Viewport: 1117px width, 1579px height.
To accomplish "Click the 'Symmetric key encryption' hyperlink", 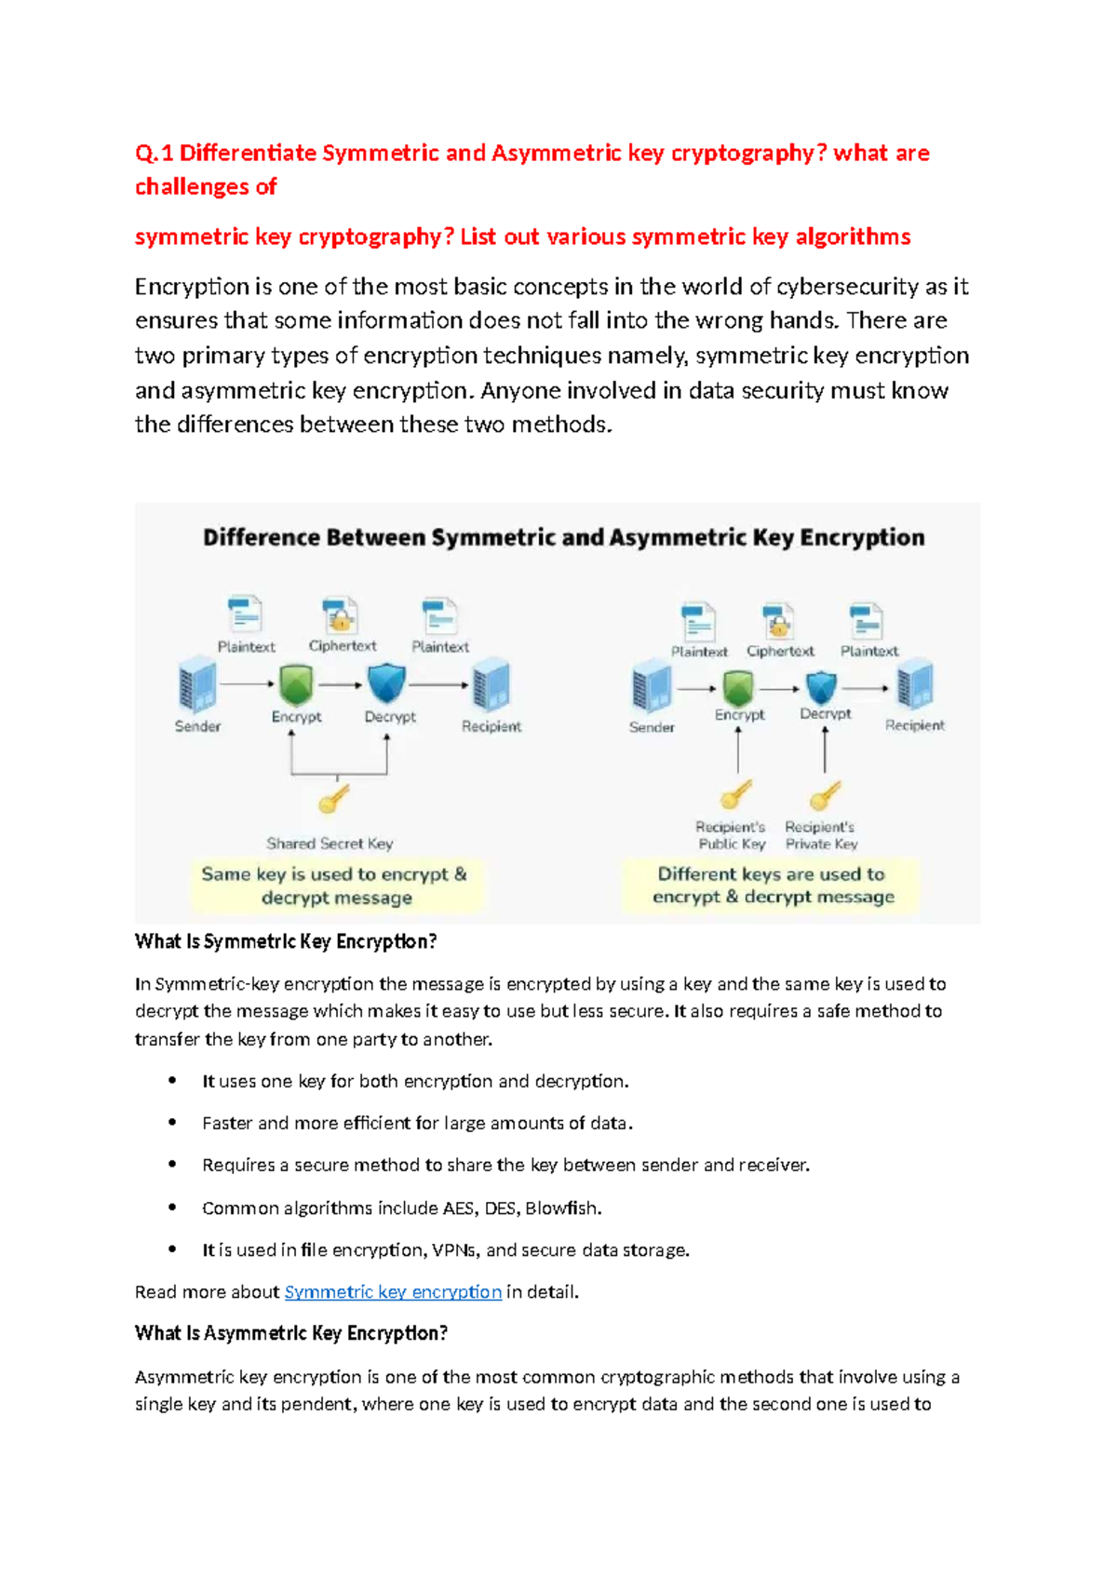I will [393, 1292].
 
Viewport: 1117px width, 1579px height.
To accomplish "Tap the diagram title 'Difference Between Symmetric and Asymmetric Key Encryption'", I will [563, 537].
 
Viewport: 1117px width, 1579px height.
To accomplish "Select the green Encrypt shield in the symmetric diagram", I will [296, 685].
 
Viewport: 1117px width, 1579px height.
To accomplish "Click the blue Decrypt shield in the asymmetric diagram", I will [821, 688].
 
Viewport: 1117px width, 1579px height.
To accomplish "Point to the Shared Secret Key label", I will [330, 843].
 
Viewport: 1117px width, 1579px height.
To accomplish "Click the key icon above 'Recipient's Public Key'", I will [735, 795].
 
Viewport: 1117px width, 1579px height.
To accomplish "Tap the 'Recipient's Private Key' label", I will [820, 835].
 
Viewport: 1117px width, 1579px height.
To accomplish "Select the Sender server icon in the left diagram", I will [196, 685].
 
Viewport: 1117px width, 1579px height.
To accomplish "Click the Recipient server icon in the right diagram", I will [914, 686].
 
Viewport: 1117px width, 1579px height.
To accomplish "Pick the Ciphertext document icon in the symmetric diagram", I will [341, 616].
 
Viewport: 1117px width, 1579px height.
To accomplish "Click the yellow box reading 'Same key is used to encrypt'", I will [335, 885].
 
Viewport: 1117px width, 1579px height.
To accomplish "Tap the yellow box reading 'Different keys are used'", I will [772, 885].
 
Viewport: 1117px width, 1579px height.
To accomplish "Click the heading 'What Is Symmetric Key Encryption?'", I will [286, 941].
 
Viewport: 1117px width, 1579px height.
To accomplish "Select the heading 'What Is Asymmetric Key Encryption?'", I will [291, 1333].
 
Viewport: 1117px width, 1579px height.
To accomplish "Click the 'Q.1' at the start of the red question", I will [154, 153].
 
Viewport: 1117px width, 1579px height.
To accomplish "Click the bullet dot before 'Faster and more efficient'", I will [172, 1123].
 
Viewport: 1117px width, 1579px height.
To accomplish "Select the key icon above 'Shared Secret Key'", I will [333, 799].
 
